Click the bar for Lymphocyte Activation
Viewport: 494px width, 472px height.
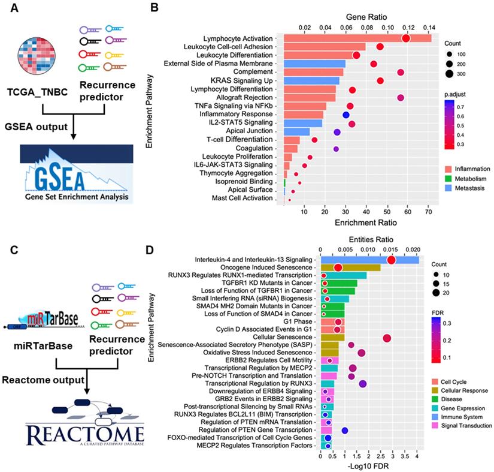click(357, 38)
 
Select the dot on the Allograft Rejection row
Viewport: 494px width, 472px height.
click(401, 97)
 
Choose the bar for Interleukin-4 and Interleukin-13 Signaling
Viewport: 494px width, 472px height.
click(369, 260)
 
